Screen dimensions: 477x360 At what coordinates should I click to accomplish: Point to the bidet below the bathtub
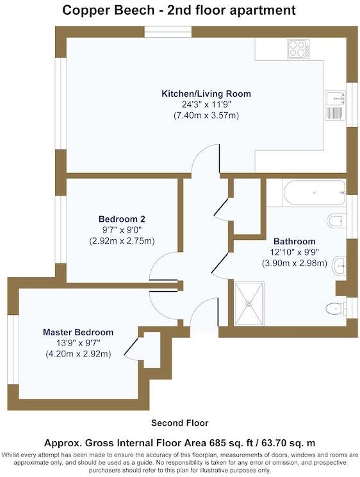336,222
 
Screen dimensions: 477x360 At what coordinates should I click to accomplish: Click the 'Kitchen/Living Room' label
206,94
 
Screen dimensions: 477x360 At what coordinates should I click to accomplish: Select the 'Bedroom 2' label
122,217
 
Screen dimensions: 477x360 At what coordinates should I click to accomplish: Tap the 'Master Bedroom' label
78,332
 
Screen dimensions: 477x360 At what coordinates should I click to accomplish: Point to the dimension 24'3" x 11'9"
206,105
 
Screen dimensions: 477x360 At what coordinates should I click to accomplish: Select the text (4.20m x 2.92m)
78,354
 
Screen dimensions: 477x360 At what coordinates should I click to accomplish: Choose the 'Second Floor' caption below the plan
179,423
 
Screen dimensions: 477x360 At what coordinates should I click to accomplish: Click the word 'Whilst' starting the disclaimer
13,455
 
